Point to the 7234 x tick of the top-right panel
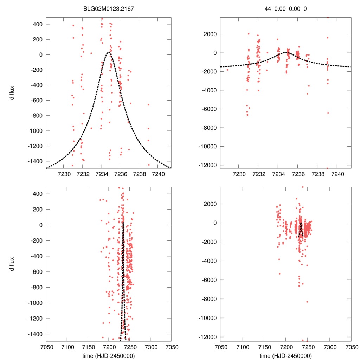pos(278,174)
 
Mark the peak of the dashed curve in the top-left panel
pos(109,53)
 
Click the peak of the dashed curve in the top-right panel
pos(287,53)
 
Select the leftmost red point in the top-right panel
pos(227,70)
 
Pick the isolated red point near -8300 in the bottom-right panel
pos(307,302)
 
